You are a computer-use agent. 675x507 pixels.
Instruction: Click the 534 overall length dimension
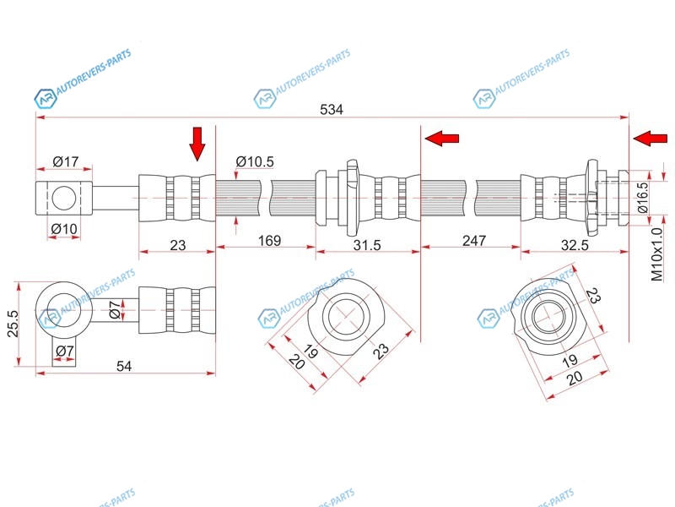pyautogui.click(x=332, y=110)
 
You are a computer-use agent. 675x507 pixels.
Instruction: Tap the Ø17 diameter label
pyautogui.click(x=66, y=161)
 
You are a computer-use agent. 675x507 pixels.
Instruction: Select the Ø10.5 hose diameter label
pyautogui.click(x=255, y=161)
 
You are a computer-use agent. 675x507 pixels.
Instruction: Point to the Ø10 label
pyautogui.click(x=64, y=228)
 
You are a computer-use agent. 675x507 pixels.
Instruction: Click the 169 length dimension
pyautogui.click(x=269, y=240)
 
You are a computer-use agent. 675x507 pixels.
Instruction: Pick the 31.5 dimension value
pyautogui.click(x=367, y=245)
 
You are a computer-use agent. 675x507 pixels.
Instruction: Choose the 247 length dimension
pyautogui.click(x=474, y=240)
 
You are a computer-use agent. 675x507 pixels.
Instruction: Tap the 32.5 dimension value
pyautogui.click(x=575, y=245)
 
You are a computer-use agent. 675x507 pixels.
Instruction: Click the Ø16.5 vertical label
pyautogui.click(x=643, y=197)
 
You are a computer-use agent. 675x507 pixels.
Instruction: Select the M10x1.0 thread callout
pyautogui.click(x=657, y=255)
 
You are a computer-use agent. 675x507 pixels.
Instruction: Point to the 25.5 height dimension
pyautogui.click(x=13, y=324)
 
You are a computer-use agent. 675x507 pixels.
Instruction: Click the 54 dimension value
pyautogui.click(x=124, y=366)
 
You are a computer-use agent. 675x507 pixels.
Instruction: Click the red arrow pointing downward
pyautogui.click(x=197, y=144)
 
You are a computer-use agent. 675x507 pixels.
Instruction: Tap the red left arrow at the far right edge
pyautogui.click(x=651, y=139)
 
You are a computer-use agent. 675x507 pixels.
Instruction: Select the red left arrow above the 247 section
pyautogui.click(x=441, y=139)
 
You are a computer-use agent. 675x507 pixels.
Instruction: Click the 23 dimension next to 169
pyautogui.click(x=177, y=245)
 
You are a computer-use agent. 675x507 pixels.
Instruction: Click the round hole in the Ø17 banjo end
pyautogui.click(x=64, y=198)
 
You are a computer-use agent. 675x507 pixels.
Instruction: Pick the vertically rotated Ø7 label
pyautogui.click(x=115, y=310)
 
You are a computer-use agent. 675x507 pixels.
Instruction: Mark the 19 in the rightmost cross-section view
pyautogui.click(x=570, y=360)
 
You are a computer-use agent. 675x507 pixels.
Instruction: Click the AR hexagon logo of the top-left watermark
pyautogui.click(x=46, y=98)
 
